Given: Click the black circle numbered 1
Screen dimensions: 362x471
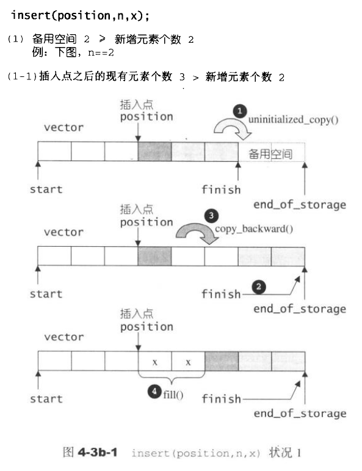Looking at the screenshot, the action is [240, 111].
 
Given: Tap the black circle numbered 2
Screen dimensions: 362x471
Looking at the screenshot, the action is [259, 287].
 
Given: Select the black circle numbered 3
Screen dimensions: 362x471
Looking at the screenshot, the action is [211, 216].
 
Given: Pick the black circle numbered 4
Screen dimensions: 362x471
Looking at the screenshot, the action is [154, 392].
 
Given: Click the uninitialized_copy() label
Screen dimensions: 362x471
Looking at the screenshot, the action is [293, 120].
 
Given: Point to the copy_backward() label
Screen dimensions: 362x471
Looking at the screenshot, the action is [254, 229].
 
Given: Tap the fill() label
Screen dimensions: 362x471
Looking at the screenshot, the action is [173, 395].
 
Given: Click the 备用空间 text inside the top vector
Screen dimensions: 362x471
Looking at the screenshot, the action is [270, 154].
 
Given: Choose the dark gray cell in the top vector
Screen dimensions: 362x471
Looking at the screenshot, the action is [154, 152].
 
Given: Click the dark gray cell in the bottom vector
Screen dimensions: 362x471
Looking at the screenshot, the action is [222, 361].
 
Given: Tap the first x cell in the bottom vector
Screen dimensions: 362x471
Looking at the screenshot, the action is [155, 361].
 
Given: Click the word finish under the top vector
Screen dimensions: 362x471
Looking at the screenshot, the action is [221, 189].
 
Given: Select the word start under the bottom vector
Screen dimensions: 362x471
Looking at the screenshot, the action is [46, 399].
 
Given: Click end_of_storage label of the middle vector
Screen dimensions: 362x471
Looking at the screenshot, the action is [300, 309].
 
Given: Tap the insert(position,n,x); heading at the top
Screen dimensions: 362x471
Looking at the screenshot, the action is [80, 15].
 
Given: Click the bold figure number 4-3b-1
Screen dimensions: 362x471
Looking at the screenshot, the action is [98, 452].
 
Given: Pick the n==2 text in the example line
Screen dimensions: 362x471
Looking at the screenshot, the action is [101, 53].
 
